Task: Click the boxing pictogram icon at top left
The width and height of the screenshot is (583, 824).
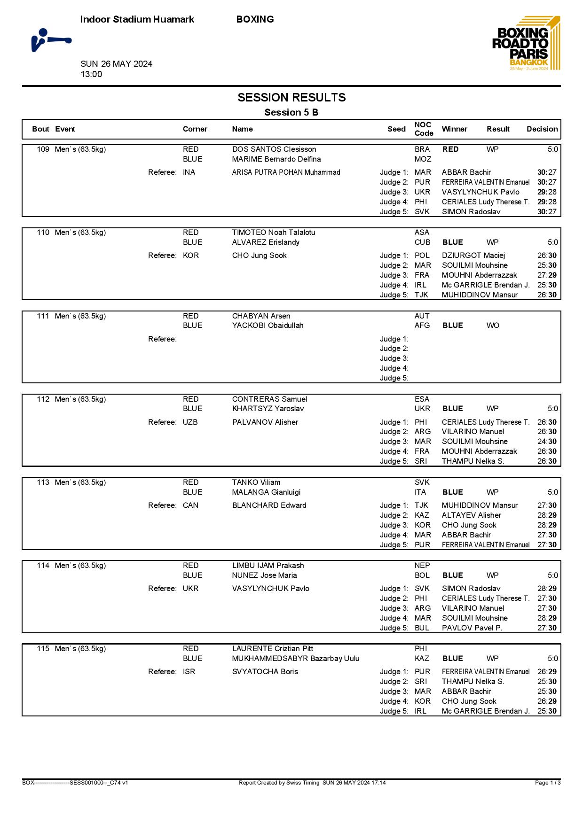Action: [51, 40]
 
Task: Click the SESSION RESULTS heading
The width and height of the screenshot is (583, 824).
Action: [291, 98]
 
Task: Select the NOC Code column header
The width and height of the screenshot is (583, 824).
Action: [424, 129]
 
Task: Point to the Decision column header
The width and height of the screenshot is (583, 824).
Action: [542, 129]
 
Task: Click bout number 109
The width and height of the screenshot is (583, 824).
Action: [43, 149]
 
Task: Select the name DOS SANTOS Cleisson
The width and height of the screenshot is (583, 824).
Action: [274, 149]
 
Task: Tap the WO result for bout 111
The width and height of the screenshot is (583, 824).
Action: [493, 325]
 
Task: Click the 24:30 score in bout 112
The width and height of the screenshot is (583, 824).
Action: [547, 442]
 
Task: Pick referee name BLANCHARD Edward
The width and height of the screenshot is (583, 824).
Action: [269, 505]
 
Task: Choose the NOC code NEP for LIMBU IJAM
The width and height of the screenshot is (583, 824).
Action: [422, 566]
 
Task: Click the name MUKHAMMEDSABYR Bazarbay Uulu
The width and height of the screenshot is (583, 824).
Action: [296, 659]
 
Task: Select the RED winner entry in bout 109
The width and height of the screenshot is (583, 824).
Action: [450, 149]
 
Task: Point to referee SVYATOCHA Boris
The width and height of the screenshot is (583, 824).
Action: [265, 672]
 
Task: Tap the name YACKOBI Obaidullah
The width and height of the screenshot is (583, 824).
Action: [268, 325]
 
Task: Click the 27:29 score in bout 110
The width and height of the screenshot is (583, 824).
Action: [547, 275]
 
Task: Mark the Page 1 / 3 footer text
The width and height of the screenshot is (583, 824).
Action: [548, 783]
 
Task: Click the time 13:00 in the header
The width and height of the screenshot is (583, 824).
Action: [91, 74]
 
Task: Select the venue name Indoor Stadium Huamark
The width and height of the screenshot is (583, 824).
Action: [137, 19]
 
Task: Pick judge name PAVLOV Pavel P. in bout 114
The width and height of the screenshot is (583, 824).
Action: [472, 628]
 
